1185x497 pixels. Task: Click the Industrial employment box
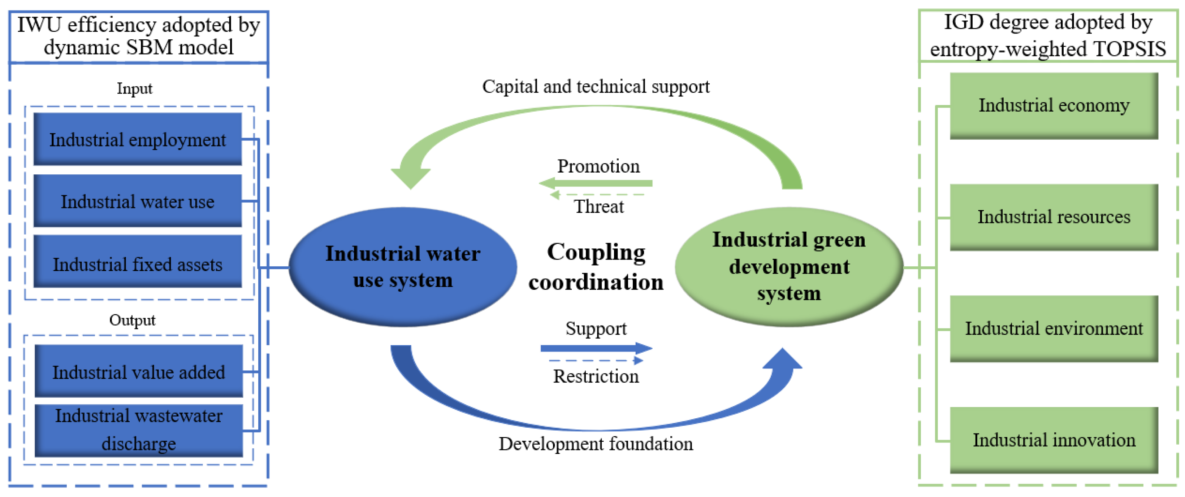pyautogui.click(x=138, y=139)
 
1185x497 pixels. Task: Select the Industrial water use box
pyautogui.click(x=138, y=201)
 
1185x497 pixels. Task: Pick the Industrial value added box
pyautogui.click(x=138, y=371)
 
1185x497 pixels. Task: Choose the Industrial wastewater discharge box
pyautogui.click(x=138, y=430)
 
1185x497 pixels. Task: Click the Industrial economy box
pyautogui.click(x=1054, y=105)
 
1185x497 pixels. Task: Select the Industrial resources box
pyautogui.click(x=1054, y=217)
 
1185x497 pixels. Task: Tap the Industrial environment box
pyautogui.click(x=1054, y=328)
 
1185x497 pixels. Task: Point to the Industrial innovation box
pyautogui.click(x=1054, y=440)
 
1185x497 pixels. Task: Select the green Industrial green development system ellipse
pyautogui.click(x=789, y=267)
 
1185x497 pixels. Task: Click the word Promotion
pyautogui.click(x=598, y=166)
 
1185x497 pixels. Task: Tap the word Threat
pyautogui.click(x=598, y=206)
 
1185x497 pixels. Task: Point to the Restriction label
pyautogui.click(x=596, y=376)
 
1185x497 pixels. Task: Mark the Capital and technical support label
pyautogui.click(x=596, y=86)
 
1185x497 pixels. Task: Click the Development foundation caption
pyautogui.click(x=596, y=444)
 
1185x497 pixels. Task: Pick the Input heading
pyautogui.click(x=134, y=88)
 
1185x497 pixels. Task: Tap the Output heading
pyautogui.click(x=133, y=320)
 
